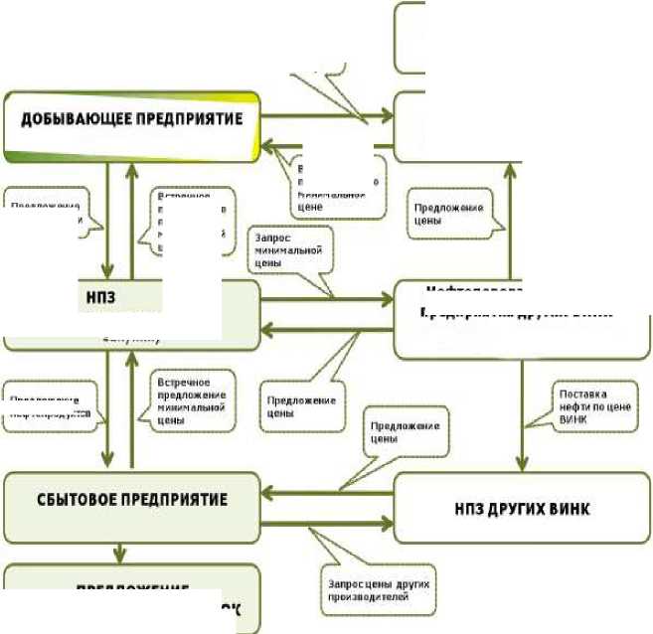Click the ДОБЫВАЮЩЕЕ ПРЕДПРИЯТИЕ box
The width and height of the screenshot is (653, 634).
pos(131,125)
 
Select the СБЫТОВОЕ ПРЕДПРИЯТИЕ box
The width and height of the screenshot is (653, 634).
pos(131,499)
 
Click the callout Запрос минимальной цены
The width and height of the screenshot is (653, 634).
pos(289,252)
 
